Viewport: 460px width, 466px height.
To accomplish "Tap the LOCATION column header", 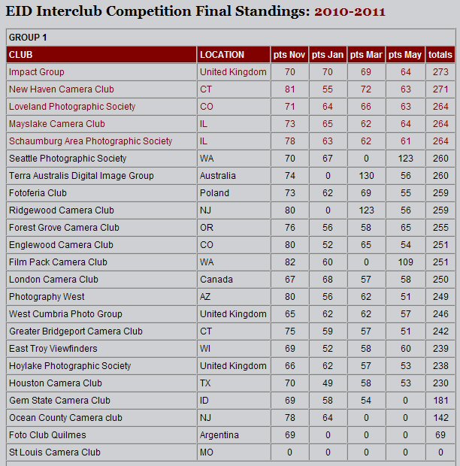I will (222, 55).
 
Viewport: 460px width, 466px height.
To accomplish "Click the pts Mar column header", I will (366, 55).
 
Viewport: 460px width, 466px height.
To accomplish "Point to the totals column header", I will (440, 55).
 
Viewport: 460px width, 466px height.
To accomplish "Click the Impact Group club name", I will (36, 72).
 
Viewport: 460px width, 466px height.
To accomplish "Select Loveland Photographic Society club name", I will (72, 107).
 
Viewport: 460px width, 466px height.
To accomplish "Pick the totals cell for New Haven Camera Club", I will (440, 89).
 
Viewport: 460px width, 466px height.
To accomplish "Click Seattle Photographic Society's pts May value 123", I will (405, 159).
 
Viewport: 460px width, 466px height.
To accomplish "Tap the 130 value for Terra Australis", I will (366, 176).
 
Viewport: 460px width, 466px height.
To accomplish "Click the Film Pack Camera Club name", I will (58, 262).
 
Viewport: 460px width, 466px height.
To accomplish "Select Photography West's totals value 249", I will (440, 297).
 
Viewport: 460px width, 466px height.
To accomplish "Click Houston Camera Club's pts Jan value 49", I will (327, 383).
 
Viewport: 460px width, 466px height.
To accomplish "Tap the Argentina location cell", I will (219, 435).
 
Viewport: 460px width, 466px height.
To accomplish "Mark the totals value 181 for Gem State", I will (440, 401).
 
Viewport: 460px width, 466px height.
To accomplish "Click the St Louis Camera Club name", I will (54, 452).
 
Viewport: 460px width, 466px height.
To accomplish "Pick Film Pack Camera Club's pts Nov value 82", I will (289, 262).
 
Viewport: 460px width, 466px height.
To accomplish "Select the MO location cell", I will (207, 452).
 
